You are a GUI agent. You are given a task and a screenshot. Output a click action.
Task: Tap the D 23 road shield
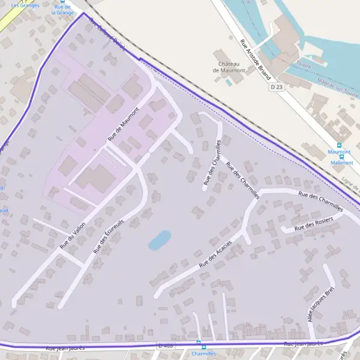point(276,87)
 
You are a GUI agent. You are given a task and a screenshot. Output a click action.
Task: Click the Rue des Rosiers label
point(314,225)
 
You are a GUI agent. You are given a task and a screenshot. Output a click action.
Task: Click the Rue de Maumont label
point(123,124)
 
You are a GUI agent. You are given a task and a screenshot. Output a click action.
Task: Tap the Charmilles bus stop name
point(203,354)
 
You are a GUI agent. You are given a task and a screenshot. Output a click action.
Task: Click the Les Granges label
point(25,5)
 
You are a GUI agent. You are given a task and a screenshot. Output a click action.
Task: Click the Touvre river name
point(304,65)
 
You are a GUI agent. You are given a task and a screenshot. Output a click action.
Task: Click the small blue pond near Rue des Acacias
point(160,240)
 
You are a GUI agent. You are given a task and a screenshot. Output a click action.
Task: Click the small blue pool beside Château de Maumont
point(229,82)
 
